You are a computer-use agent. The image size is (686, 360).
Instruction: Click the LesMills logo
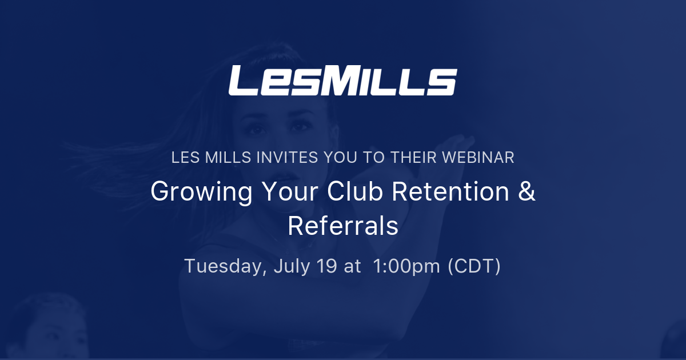point(342,81)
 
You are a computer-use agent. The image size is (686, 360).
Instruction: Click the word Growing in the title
point(201,192)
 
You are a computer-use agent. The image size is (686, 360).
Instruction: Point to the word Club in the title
point(355,192)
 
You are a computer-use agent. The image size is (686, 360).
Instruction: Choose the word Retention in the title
point(450,192)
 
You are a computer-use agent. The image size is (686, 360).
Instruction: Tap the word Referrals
point(343,226)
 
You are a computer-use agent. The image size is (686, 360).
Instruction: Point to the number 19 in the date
point(328,266)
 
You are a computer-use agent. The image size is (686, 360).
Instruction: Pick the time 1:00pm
point(405,266)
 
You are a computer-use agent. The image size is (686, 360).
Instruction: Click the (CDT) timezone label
point(474,266)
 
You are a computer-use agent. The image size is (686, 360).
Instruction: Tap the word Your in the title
point(289,192)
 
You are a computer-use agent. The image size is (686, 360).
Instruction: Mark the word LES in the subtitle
point(184,158)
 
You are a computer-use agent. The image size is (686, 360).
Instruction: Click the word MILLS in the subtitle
point(221,158)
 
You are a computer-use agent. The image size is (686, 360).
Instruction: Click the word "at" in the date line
point(352,266)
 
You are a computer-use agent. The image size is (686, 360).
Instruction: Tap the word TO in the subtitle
point(372,158)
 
